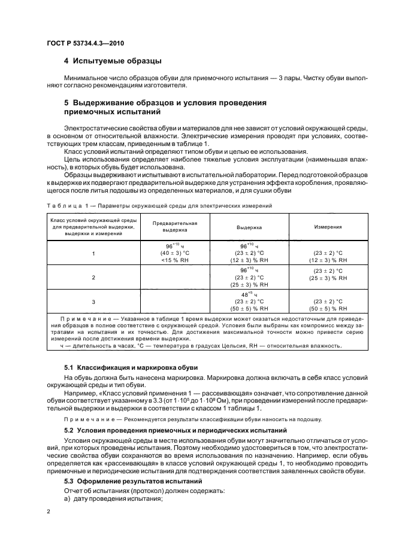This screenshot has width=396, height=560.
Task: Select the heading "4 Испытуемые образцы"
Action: (x=113, y=62)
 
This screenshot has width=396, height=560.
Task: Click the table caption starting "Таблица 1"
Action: (x=159, y=205)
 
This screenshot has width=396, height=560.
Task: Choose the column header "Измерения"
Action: (x=328, y=227)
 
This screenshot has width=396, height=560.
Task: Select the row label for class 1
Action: (x=93, y=254)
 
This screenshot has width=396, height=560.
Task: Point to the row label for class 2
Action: (x=93, y=278)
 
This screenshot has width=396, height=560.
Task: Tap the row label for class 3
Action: (x=93, y=302)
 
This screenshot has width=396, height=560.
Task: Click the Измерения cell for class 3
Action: (x=328, y=305)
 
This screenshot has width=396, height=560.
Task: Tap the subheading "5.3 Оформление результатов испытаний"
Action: (x=132, y=465)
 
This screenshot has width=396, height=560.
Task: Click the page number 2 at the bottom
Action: (x=49, y=511)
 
